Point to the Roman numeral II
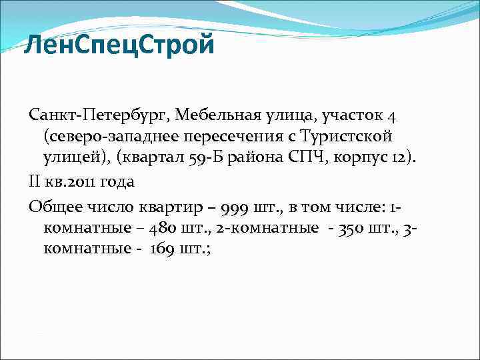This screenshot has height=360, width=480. (34, 181)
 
